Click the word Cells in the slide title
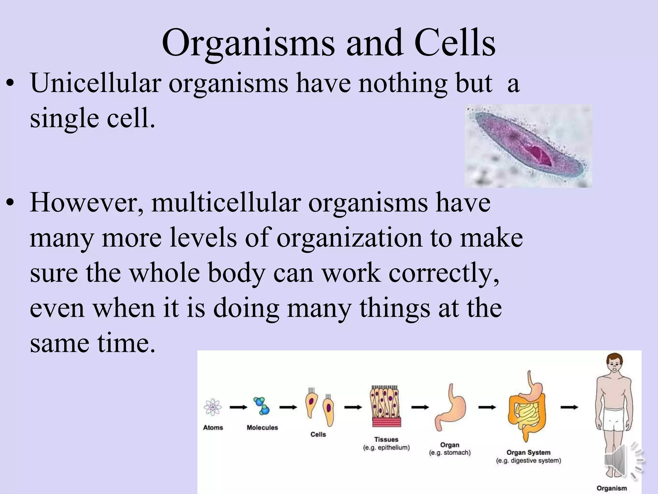click(455, 43)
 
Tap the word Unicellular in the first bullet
click(96, 83)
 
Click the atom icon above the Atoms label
click(212, 407)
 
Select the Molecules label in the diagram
click(262, 427)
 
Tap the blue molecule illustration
click(262, 406)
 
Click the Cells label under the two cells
click(318, 435)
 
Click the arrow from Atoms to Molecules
click(238, 407)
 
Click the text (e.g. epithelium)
click(386, 448)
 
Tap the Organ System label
click(528, 453)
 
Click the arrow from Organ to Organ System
click(487, 407)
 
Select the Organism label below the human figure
click(612, 488)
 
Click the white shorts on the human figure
click(613, 420)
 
